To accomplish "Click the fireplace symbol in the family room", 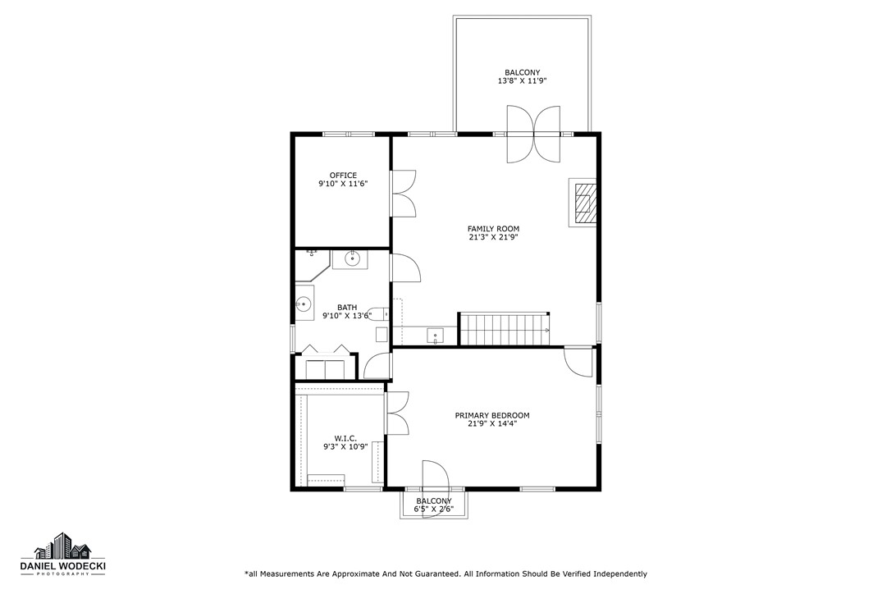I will point(584,203).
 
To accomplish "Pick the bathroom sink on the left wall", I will point(304,305).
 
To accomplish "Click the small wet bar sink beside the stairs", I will point(434,335).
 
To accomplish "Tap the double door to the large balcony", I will point(533,135).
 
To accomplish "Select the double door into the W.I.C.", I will point(397,413).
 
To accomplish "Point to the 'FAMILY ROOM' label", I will point(493,229).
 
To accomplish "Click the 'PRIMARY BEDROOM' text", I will point(492,415).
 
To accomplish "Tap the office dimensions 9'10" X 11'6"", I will point(343,185).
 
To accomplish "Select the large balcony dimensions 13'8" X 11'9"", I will point(522,81).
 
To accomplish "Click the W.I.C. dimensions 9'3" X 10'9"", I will point(345,447).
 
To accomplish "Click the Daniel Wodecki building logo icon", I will point(62,546).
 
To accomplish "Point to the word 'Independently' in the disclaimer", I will point(619,574).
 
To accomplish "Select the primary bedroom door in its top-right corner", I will point(578,360).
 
